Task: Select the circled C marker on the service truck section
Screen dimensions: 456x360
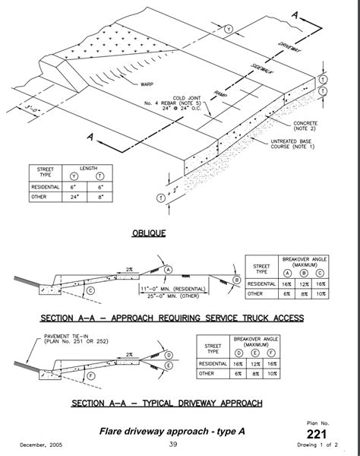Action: point(90,290)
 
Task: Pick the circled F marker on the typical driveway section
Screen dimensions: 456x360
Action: point(90,375)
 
